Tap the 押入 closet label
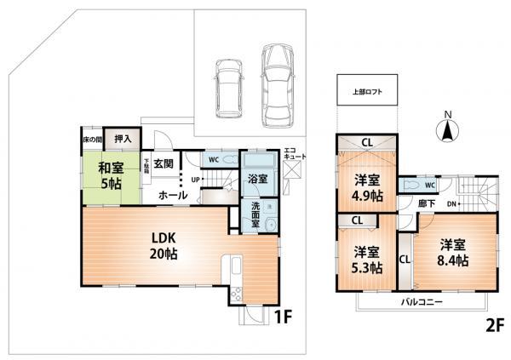(123, 138)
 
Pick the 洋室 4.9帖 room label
(366, 186)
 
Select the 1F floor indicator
(283, 317)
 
